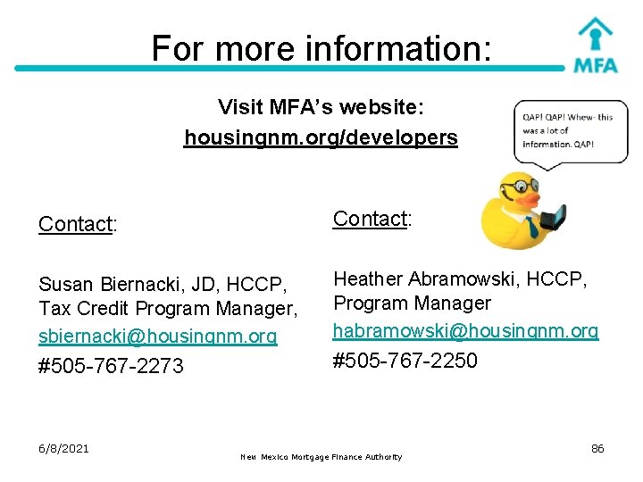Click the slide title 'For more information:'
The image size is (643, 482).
coord(321,47)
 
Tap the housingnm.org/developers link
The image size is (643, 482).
coord(321,138)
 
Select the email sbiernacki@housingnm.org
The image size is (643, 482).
coord(158,337)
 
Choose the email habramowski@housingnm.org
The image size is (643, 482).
coord(465,331)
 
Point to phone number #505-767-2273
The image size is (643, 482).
coord(111,366)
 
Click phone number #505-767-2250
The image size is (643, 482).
coord(405,361)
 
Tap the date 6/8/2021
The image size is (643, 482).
coord(63,448)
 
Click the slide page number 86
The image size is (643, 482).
coord(597,448)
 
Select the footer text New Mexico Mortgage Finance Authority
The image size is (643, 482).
coord(321,457)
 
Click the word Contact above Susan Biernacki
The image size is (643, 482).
coord(75,224)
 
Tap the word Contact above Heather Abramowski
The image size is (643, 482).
coord(370,219)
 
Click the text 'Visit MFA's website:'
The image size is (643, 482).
coord(321,108)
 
